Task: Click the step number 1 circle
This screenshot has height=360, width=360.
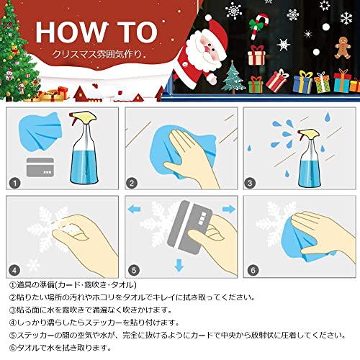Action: click(x=14, y=184)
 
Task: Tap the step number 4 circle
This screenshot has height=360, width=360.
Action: click(x=14, y=271)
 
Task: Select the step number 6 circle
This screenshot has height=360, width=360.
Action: click(x=253, y=271)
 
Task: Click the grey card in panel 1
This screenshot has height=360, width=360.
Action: click(x=40, y=167)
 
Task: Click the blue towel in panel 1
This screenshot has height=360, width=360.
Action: click(x=40, y=131)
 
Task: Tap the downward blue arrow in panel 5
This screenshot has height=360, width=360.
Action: click(x=179, y=265)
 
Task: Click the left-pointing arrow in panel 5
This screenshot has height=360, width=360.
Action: click(x=134, y=209)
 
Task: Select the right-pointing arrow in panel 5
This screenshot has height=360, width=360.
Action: click(x=229, y=209)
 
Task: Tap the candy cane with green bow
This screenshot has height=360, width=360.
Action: click(x=258, y=26)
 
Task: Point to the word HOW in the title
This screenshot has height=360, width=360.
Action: click(x=71, y=32)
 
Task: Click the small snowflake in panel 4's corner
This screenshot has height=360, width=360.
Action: click(x=34, y=265)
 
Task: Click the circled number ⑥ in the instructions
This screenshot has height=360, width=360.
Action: click(x=12, y=348)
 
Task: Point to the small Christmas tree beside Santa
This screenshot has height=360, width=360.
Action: click(x=233, y=77)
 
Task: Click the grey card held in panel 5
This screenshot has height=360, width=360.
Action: click(x=189, y=227)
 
